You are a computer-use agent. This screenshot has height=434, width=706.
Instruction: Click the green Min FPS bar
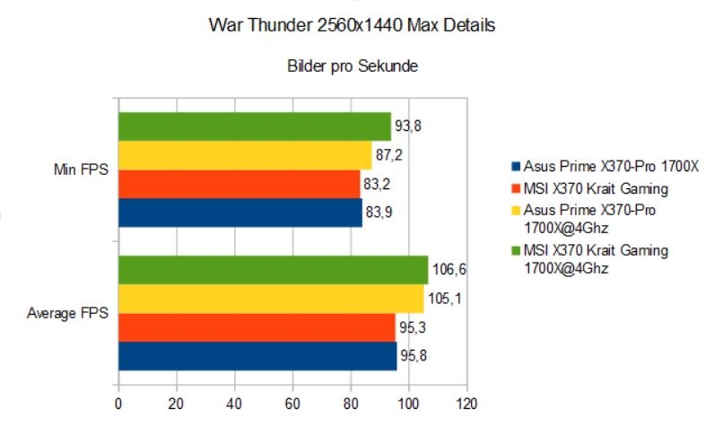255,126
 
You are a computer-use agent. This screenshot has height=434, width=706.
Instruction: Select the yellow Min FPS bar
245,155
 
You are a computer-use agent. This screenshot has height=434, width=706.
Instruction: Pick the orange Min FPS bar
240,184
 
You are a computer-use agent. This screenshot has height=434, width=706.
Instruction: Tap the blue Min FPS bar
240,213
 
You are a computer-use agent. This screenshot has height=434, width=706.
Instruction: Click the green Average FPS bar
273,270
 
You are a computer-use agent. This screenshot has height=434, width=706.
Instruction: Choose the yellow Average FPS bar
271,299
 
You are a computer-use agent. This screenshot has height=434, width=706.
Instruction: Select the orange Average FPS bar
257,327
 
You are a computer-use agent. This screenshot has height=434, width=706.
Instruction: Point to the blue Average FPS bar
257,356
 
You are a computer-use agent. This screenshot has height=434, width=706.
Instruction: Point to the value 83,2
378,184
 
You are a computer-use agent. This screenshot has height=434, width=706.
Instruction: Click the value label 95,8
415,356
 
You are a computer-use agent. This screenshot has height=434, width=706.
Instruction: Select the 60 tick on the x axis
292,403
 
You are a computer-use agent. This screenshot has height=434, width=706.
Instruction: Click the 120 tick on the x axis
466,403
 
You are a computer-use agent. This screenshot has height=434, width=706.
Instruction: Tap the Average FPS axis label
66,313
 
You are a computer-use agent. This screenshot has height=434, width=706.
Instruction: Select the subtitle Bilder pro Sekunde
353,66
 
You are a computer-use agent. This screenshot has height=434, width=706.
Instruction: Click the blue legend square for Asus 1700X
516,167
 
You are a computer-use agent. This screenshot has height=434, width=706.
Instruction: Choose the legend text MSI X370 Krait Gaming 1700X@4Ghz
596,259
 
